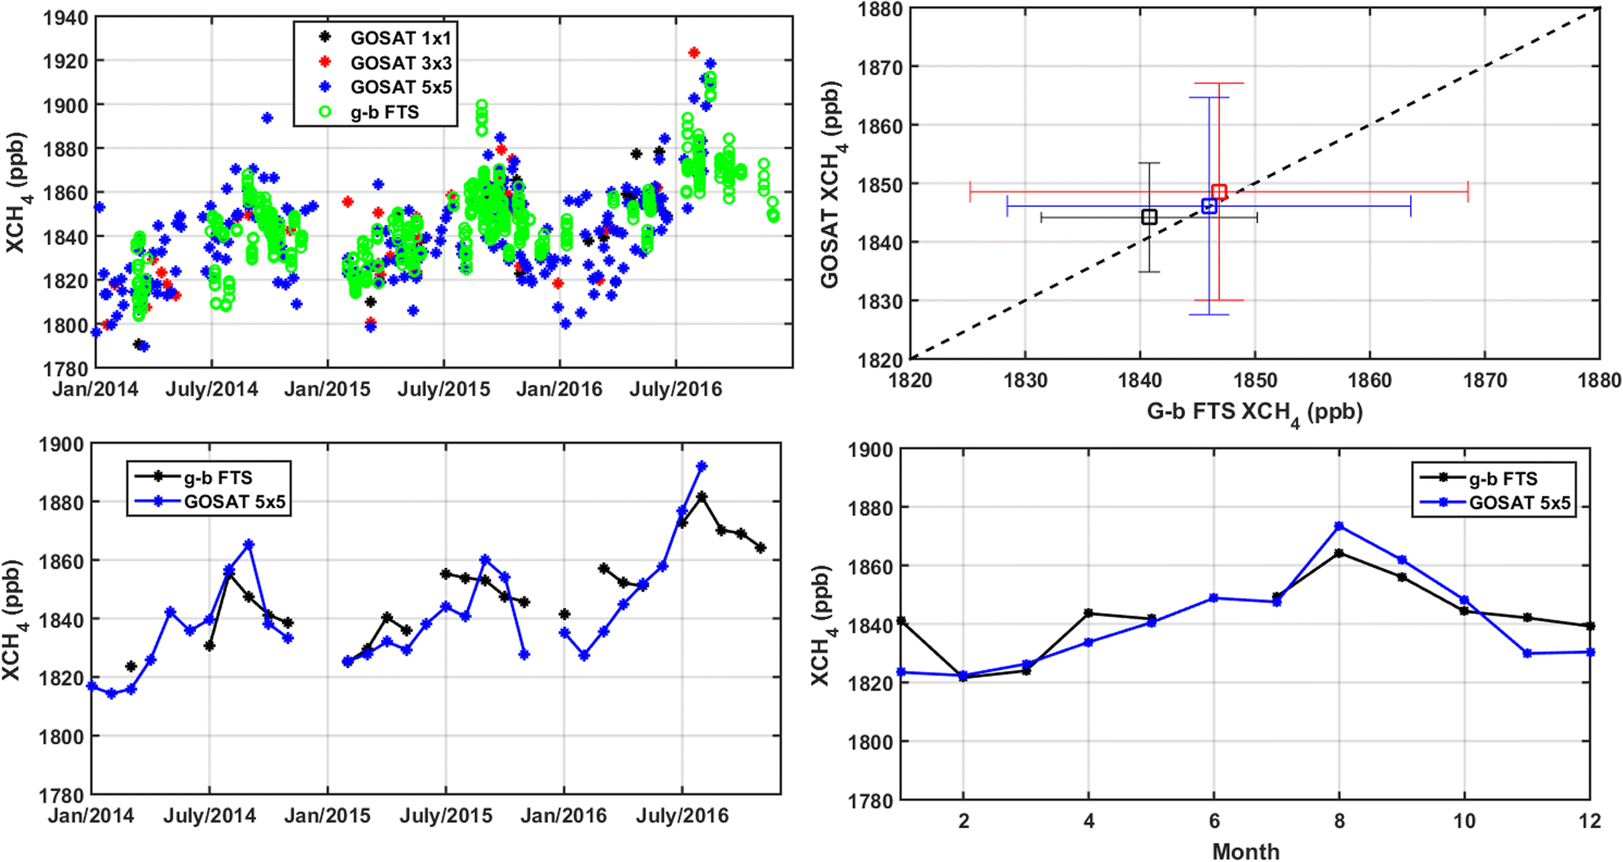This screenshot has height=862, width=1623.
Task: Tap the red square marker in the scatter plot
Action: point(1219,192)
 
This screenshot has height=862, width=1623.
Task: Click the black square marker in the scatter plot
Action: point(1149,217)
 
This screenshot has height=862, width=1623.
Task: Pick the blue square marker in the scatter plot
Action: point(1209,206)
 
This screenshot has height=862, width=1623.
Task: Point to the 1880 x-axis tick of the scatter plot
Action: point(1599,381)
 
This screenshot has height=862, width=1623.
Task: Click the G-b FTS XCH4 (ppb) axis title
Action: point(1255,412)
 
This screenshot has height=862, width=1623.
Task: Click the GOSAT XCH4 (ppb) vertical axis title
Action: point(832,185)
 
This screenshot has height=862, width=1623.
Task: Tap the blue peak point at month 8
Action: point(1339,526)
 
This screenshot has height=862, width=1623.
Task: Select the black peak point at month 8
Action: point(1339,553)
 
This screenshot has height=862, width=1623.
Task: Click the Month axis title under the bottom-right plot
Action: point(1246,851)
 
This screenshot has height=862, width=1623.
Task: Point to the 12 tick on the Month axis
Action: point(1590,821)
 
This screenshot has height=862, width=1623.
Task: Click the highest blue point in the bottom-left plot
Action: point(701,466)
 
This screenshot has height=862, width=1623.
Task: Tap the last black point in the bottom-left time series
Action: point(761,548)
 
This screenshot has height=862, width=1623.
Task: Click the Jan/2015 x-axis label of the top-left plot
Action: point(327,390)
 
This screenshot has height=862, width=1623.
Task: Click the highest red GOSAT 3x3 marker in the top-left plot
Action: point(694,52)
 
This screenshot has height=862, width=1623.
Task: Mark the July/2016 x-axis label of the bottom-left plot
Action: point(681,815)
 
